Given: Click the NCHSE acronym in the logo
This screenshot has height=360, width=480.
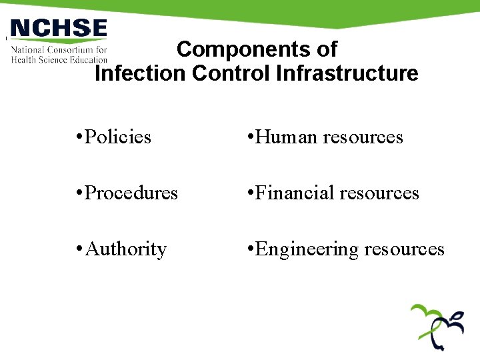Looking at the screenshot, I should point(59,29).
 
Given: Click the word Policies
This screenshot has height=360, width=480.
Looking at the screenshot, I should point(119,137).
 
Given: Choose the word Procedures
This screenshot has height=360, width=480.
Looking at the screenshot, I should point(132,193).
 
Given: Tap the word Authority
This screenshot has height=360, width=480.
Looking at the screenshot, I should point(126,249).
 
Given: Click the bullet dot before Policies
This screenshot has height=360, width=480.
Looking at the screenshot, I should point(79,137).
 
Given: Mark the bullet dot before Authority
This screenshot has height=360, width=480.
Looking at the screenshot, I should point(79,249).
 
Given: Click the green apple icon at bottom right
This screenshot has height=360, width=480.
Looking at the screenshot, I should point(437,327).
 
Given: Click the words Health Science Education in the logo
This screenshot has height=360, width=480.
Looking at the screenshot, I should point(59,59).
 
